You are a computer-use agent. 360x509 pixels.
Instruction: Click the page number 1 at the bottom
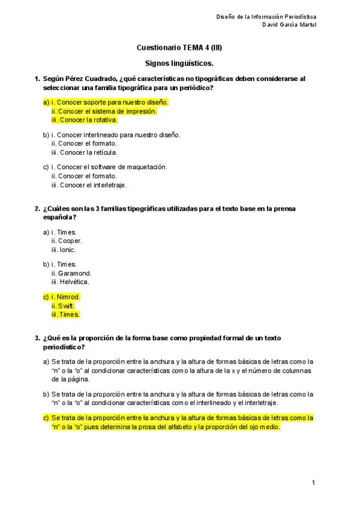pyautogui.click(x=313, y=482)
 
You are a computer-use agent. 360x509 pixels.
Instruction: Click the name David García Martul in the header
pyautogui.click(x=289, y=25)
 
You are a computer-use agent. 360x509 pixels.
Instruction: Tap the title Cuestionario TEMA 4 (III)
pyautogui.click(x=179, y=47)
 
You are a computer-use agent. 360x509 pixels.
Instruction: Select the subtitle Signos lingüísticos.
pyautogui.click(x=179, y=62)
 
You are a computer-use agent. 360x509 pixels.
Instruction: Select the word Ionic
pyautogui.click(x=67, y=250)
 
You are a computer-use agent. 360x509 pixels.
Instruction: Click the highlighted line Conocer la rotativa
pyautogui.click(x=88, y=120)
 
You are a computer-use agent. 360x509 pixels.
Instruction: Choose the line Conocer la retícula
pyautogui.click(x=88, y=152)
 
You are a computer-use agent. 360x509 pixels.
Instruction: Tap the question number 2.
pyautogui.click(x=37, y=208)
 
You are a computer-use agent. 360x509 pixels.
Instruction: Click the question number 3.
pyautogui.click(x=37, y=338)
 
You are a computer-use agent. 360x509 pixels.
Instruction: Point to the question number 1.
pyautogui.click(x=37, y=79)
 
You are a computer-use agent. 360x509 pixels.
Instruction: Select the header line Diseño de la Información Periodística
pyautogui.click(x=266, y=16)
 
